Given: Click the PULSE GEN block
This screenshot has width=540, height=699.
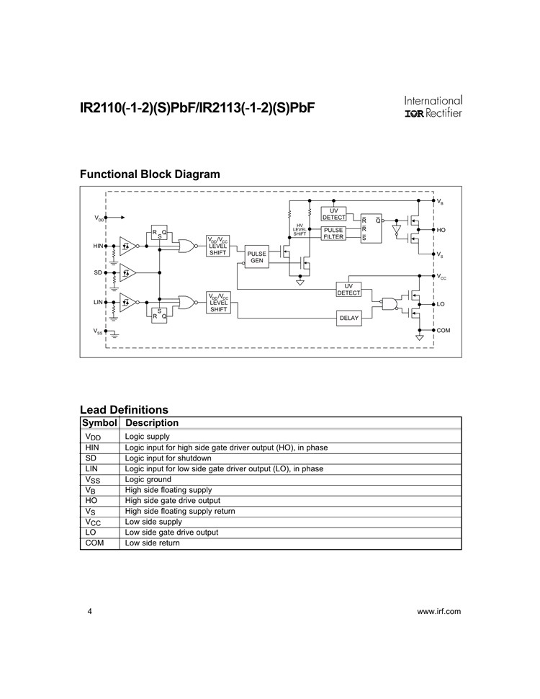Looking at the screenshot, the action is point(256,257).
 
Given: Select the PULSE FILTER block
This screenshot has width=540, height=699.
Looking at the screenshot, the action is point(333,233).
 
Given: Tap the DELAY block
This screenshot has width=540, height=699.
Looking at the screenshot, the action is point(349,318).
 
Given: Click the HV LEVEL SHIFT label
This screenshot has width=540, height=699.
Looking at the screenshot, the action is point(300,230).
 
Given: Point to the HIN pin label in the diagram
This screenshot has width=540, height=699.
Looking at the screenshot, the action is point(98,246).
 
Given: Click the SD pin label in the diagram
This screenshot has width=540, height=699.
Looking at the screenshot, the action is point(98,272).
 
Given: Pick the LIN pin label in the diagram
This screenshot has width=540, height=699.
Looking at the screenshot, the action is point(98,302).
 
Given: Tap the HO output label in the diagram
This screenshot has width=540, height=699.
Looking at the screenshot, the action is point(441,230).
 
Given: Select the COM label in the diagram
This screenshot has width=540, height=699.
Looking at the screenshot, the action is point(444,330).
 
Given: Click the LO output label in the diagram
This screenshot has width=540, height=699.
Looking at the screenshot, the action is point(441,304).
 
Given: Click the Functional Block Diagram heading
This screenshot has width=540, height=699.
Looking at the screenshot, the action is point(150,174).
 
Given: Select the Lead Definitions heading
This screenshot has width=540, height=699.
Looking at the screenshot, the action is point(124,410).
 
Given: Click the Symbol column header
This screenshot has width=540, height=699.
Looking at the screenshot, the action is point(99,422).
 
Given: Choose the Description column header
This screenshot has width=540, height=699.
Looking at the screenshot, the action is point(152,422).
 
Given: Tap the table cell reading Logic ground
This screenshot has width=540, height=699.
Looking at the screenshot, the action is point(148,479).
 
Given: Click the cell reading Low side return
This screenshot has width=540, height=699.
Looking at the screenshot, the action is point(153,543).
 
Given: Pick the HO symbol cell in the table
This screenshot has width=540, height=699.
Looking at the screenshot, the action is point(91,501).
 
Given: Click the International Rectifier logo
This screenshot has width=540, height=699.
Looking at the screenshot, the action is point(433,107).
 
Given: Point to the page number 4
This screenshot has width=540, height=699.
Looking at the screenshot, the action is point(89,611).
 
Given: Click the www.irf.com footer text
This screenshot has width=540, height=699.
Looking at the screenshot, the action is point(439,611).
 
